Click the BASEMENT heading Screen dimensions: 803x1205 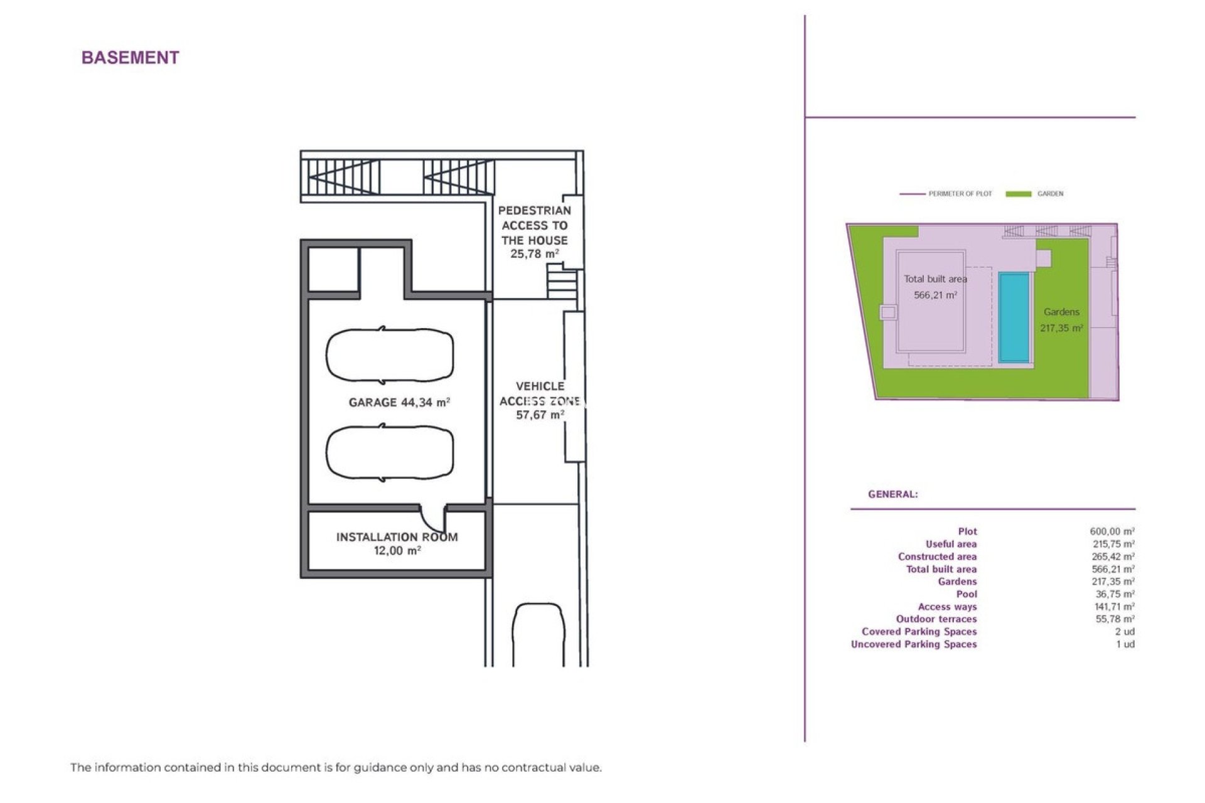click(131, 58)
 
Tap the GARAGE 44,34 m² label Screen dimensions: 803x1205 click(399, 402)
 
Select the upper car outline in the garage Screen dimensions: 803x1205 click(389, 355)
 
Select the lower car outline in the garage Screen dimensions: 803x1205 click(389, 452)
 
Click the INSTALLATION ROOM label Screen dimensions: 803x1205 click(397, 537)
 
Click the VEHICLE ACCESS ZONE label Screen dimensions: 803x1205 click(539, 400)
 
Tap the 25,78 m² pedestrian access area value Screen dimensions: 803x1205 click(534, 254)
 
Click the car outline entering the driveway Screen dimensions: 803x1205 click(538, 634)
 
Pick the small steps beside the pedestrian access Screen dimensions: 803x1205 click(561, 281)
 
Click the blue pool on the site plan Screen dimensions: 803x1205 click(1014, 317)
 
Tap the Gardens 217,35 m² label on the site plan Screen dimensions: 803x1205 click(1061, 320)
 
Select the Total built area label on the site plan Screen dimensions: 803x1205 click(935, 279)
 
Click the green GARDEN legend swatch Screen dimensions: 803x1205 click(1018, 194)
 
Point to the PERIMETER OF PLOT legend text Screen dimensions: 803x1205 click(960, 194)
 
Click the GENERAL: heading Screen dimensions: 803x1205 click(892, 494)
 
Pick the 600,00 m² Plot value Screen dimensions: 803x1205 click(1112, 531)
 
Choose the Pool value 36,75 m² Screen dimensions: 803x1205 click(1115, 594)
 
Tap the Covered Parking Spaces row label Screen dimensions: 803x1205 click(919, 632)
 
